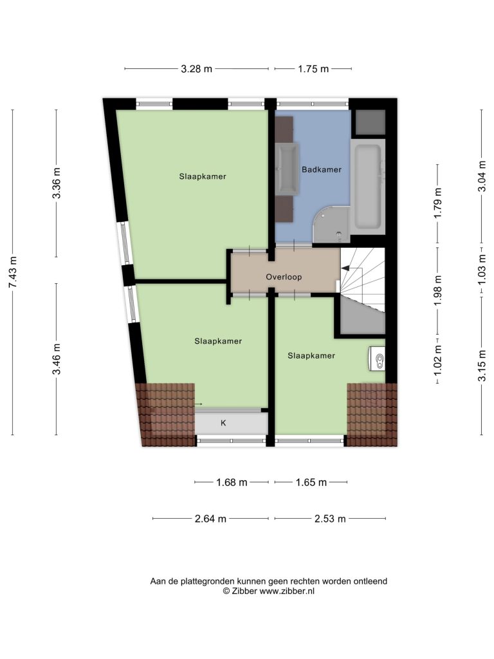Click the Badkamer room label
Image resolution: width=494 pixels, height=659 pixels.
[x=322, y=169]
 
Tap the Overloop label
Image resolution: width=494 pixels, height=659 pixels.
[x=284, y=277]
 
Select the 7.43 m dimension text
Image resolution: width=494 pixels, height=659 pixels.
[x=13, y=272]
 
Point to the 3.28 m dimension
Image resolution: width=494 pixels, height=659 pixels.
[x=196, y=69]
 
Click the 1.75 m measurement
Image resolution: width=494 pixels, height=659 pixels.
[x=313, y=69]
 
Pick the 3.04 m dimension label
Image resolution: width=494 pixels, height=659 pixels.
[x=481, y=176]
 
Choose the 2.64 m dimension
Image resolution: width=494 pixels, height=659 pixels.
[x=210, y=519]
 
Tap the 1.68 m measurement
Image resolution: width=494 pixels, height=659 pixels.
[x=232, y=482]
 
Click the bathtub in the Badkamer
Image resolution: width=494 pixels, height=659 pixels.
[x=367, y=187]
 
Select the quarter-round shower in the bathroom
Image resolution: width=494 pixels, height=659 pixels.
[x=332, y=224]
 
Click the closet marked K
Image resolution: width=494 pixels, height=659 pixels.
[x=231, y=423]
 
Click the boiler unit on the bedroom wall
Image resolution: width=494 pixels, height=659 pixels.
[x=377, y=358]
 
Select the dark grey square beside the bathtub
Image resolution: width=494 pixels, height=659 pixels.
[x=370, y=122]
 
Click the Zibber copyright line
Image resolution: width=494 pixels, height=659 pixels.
[x=268, y=591]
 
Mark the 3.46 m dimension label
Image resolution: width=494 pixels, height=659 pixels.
[x=57, y=359]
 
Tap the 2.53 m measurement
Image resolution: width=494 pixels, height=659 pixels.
[x=330, y=519]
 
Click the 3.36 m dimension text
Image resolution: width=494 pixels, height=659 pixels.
[x=57, y=183]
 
